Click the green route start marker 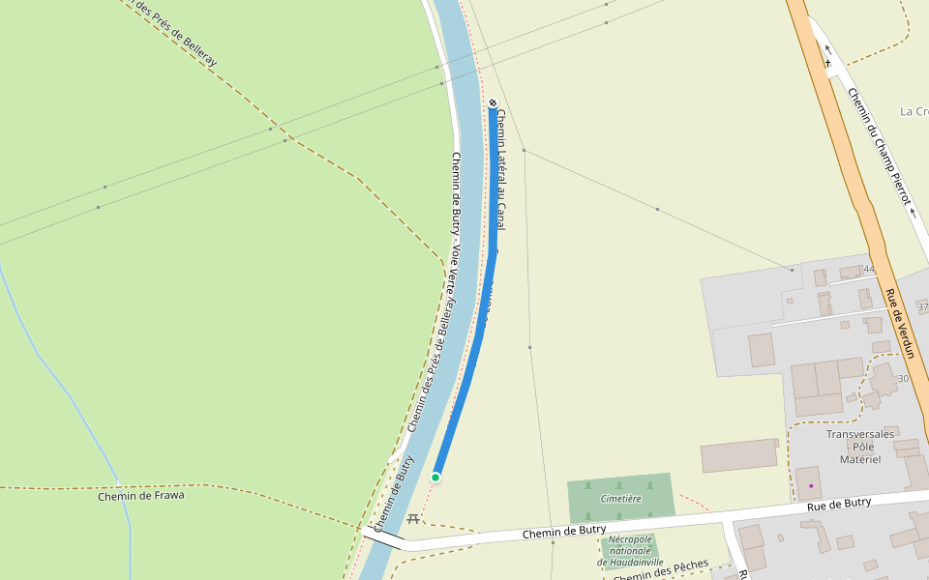point(435,478)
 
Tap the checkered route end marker point(493,102)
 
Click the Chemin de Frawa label point(140,496)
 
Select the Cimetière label point(620,499)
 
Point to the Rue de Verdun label point(902,323)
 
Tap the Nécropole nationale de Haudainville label point(630,550)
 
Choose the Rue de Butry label point(839,504)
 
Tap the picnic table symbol point(413,519)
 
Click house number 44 point(868,269)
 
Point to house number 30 point(902,379)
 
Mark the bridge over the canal point(382,537)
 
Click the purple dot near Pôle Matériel point(811,484)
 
